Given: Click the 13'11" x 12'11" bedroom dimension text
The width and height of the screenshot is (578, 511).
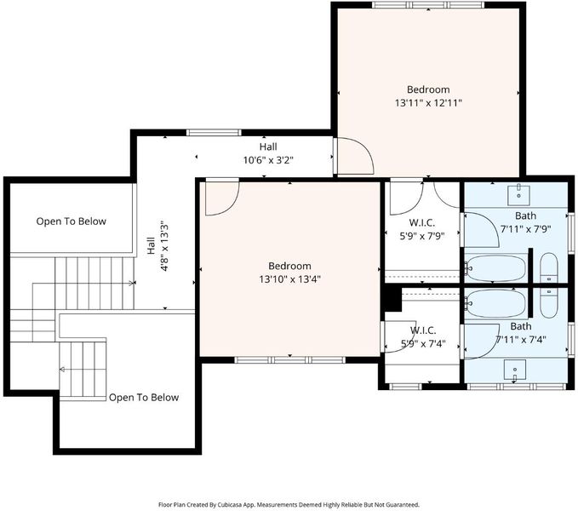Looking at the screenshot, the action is click(x=428, y=103).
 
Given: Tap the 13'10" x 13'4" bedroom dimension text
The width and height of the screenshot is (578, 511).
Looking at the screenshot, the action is click(x=289, y=279).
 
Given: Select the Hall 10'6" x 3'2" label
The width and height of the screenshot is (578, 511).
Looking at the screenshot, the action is click(x=268, y=153).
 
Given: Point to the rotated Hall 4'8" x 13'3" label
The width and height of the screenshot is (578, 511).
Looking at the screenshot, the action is click(x=157, y=246).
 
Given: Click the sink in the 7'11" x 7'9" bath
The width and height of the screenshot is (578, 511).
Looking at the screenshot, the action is click(x=518, y=195).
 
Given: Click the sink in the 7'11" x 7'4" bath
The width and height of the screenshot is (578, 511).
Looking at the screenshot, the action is click(x=515, y=369).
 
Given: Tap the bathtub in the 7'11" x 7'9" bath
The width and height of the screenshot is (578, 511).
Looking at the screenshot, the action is click(x=495, y=268).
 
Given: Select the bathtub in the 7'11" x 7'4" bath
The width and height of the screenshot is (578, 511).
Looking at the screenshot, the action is click(x=495, y=303).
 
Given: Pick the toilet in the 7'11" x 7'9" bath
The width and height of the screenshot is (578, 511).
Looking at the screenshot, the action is click(x=549, y=267).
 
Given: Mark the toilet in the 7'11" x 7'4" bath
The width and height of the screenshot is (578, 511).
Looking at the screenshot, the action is click(x=549, y=303).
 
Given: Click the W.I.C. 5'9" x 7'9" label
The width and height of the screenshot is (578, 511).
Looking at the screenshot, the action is click(x=422, y=229).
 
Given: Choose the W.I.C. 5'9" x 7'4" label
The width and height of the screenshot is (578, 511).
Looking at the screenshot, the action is click(x=423, y=337).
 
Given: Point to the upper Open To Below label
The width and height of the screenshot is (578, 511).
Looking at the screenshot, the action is click(x=72, y=221).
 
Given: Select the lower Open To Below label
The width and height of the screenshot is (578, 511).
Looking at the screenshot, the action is click(x=144, y=397).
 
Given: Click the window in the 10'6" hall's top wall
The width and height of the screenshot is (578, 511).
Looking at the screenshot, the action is click(x=214, y=133).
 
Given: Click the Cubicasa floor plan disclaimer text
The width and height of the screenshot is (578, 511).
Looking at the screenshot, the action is click(x=289, y=504).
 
